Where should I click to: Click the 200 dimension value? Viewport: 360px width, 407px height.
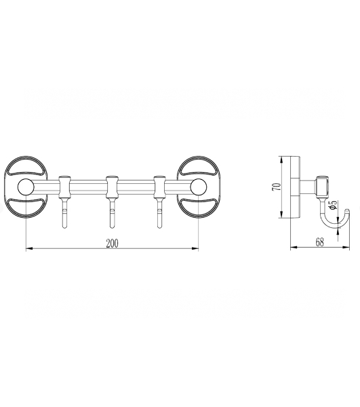coord(112,244)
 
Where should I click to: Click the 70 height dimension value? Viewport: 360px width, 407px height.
coord(277,187)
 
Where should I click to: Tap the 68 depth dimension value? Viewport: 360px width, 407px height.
coord(320,242)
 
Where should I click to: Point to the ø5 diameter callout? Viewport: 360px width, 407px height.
coord(333,205)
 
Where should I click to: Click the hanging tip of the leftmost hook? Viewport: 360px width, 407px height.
coord(64,227)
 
